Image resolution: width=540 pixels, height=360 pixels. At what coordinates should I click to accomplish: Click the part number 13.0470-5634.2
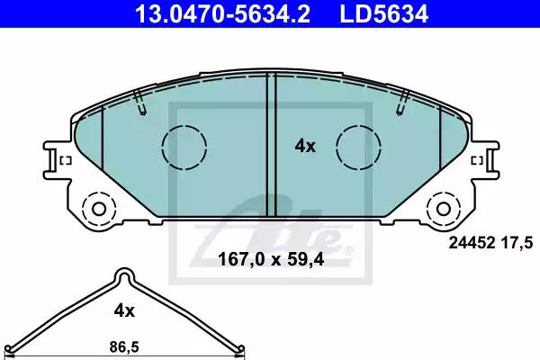[223, 13]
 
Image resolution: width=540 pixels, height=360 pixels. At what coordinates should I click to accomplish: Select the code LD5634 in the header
[384, 13]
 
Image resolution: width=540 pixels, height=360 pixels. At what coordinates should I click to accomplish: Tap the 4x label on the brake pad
[305, 147]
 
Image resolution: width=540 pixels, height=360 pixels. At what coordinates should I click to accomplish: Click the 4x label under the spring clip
[124, 311]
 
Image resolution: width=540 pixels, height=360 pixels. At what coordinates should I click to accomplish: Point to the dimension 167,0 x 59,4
[271, 259]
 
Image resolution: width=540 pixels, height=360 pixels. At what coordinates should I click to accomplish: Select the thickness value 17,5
[519, 243]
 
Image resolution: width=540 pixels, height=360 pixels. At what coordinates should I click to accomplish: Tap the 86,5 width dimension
[124, 346]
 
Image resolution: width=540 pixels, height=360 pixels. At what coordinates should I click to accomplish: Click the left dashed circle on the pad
[184, 147]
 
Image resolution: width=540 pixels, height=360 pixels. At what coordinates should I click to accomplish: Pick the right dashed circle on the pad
[359, 147]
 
